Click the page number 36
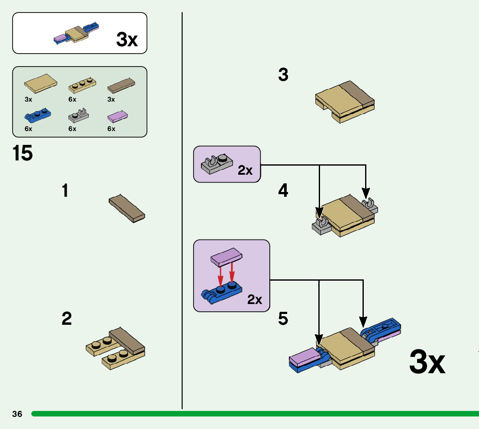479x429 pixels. pos(17,414)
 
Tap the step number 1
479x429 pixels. pos(65,190)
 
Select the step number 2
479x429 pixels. pos(67,319)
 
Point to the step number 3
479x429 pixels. pos(283,75)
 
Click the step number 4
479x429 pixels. pos(283,190)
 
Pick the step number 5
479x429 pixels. pos(283,319)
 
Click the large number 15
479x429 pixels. pos(23,154)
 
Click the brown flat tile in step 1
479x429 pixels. pos(127,208)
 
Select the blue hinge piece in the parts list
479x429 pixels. pos(38,115)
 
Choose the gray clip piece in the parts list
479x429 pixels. pos(79,115)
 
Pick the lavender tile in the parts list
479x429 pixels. pos(117,116)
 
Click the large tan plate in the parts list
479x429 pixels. pos(40,81)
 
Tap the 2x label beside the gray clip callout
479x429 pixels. pos(245,170)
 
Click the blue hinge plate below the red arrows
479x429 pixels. pos(221,292)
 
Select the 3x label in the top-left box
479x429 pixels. pos(127,40)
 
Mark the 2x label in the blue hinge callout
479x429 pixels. pos(255,299)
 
